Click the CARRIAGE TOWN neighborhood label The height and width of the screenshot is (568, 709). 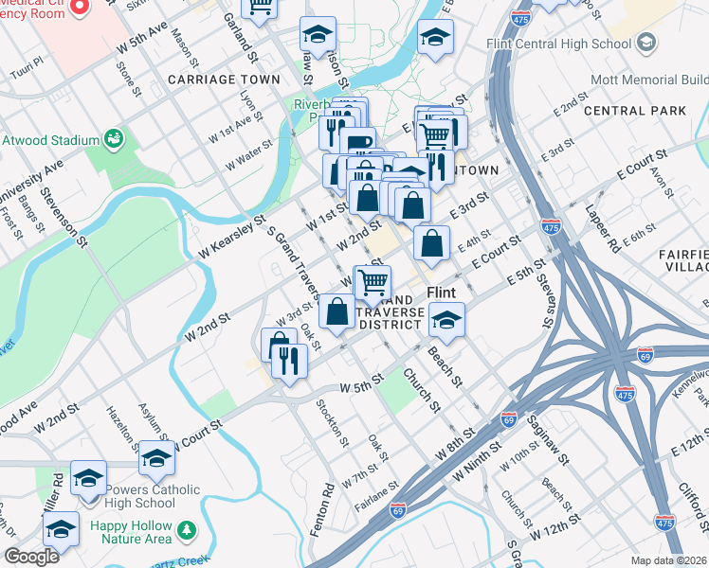224,80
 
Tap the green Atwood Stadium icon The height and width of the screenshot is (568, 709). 114,140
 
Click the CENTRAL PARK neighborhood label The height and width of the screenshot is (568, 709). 635,111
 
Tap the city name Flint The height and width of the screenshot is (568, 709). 443,293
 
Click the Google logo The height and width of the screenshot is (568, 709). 31,556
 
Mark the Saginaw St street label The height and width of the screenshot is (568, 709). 548,445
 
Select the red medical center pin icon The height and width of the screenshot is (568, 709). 80,8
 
